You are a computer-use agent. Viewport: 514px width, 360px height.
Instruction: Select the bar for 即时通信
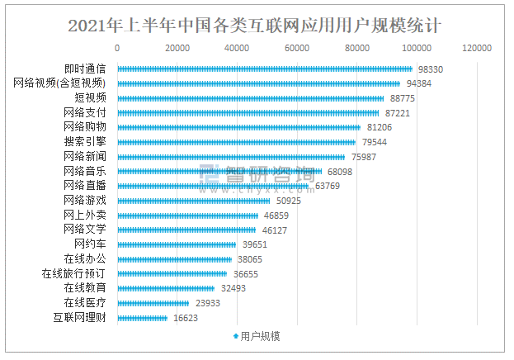tap(264, 69)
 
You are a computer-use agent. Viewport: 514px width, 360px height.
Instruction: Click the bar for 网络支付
tap(248, 112)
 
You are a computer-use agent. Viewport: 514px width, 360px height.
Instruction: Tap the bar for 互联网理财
tap(142, 318)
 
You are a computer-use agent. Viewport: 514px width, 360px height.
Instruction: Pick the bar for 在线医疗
tap(153, 303)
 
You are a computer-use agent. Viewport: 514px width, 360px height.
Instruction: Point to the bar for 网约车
tap(177, 244)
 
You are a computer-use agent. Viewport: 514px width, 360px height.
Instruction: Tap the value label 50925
tap(288, 201)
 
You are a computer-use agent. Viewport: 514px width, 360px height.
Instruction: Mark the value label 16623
tap(186, 318)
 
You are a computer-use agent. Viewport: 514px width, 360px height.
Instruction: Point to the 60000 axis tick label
tap(297, 49)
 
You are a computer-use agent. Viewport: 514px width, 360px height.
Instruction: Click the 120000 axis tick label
tap(477, 49)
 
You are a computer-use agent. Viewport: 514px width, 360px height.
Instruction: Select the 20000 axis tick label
tap(177, 49)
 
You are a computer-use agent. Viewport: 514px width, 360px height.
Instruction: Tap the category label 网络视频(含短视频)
tap(60, 83)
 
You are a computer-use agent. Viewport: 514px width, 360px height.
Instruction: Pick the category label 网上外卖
tap(85, 215)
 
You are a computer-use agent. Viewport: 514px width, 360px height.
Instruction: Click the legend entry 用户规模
tap(257, 337)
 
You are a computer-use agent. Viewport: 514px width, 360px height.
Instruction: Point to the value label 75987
tap(363, 157)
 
